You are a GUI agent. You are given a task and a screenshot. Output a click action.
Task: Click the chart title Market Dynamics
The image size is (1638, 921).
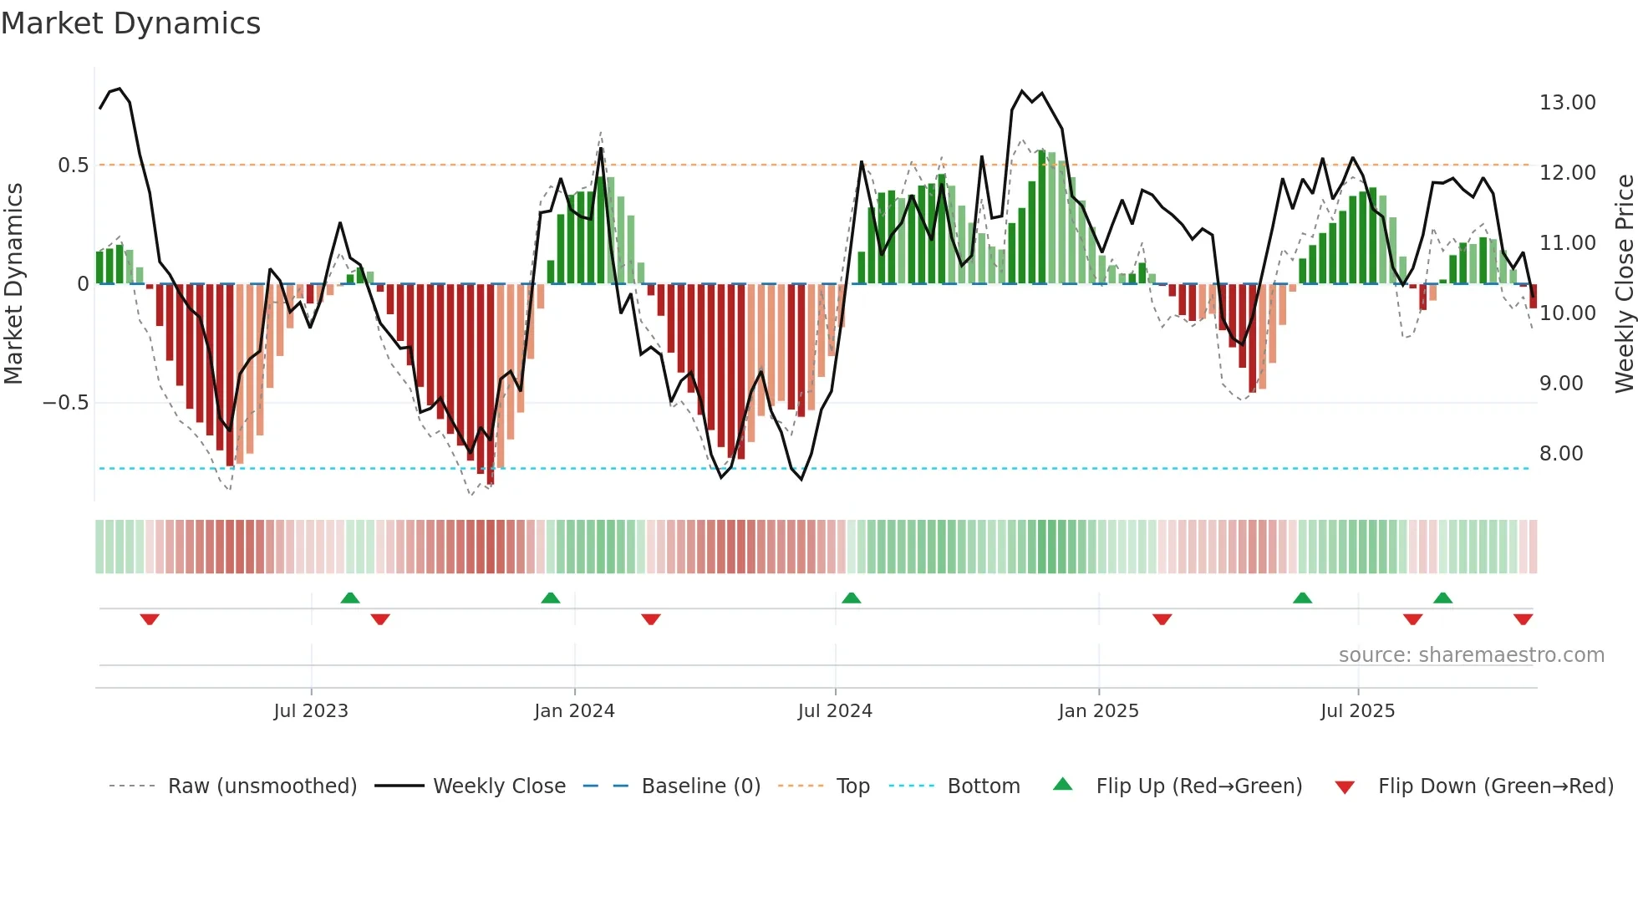tap(130, 23)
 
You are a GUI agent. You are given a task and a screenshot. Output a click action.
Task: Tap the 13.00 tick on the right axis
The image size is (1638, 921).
tap(1567, 103)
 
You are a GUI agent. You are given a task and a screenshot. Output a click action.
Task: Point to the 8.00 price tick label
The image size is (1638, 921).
tap(1561, 454)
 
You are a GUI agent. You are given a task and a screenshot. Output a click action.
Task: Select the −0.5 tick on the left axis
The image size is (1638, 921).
tap(65, 403)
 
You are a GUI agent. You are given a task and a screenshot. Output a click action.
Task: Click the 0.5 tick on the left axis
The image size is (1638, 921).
tap(73, 165)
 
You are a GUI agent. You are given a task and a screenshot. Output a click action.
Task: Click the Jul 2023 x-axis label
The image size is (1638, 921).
tap(310, 711)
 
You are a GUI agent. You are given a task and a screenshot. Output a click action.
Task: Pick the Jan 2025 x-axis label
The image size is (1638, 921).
tap(1097, 711)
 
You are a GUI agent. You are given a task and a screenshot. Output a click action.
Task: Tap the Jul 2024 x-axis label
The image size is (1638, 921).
tap(834, 711)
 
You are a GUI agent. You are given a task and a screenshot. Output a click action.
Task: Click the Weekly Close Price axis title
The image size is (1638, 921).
tap(1624, 284)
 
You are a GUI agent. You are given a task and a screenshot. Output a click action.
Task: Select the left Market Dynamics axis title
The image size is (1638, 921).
tap(13, 284)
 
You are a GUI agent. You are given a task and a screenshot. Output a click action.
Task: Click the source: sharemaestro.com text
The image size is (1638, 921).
tap(1471, 655)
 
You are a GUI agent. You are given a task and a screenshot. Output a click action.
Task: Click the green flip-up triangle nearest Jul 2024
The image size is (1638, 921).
tap(851, 598)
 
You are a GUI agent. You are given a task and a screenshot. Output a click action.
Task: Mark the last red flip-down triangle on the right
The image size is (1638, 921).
tap(1523, 619)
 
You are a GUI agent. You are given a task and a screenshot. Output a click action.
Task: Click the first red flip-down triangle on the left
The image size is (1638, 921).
tap(150, 619)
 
